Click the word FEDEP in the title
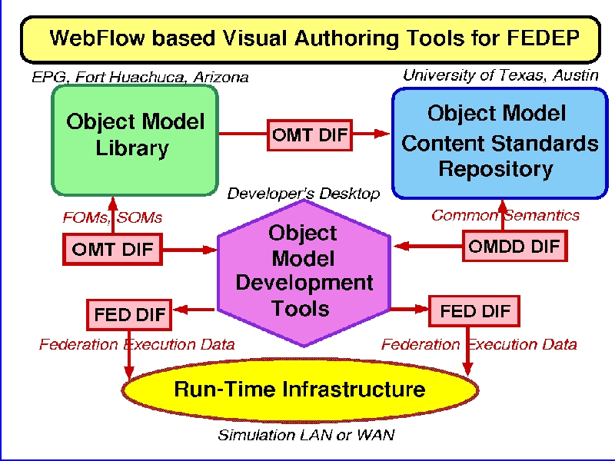click(x=543, y=38)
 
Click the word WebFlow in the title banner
click(x=98, y=38)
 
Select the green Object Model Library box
click(x=135, y=141)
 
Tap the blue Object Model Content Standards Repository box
click(x=500, y=143)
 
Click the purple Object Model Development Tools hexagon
click(x=304, y=273)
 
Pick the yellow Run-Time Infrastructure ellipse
click(x=300, y=390)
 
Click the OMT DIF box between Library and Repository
click(x=310, y=135)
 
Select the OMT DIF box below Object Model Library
click(x=112, y=249)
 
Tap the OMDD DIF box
click(x=514, y=246)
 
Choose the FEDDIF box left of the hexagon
click(x=129, y=315)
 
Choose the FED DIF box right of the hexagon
click(x=474, y=311)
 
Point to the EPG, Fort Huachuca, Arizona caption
click(x=140, y=78)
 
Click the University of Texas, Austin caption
click(x=501, y=75)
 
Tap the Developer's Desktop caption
click(x=304, y=194)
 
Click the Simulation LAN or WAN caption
click(x=306, y=435)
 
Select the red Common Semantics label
click(x=506, y=215)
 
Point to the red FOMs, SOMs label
click(x=112, y=217)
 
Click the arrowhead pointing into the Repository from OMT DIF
click(x=381, y=134)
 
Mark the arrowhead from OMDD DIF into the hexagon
click(x=401, y=246)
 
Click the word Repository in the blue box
click(x=496, y=169)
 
